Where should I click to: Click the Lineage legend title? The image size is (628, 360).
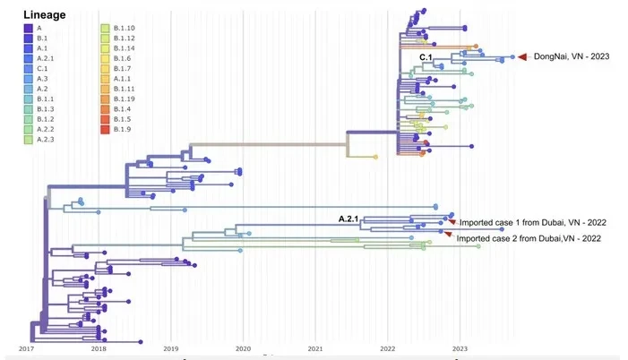coord(45,15)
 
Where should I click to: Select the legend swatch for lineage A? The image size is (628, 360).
coord(28,28)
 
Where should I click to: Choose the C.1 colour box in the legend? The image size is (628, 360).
coord(28,68)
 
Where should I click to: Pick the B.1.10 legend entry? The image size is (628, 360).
coord(125,28)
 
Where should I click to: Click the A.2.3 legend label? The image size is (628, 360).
coord(46,140)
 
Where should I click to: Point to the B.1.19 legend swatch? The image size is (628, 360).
coord(105,99)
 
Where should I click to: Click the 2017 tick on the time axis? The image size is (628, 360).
coord(27,348)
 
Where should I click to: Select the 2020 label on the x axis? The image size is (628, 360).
coord(243,348)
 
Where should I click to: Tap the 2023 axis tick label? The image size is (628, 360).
coord(460,348)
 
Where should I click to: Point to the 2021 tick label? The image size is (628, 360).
coord(315,348)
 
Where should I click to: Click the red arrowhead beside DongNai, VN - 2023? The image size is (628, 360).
coord(522,57)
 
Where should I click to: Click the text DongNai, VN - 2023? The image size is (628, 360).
coord(572,56)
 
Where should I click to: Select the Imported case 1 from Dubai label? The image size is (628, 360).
coord(533,223)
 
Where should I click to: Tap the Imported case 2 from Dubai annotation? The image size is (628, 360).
coord(529,239)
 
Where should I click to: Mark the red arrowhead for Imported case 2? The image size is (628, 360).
coord(448,235)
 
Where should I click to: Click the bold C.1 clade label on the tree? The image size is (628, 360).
coord(426,57)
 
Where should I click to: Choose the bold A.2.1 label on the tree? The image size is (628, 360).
coord(348,219)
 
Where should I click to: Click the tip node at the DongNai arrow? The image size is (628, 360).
coord(512,57)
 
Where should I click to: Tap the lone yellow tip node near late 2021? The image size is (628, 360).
coord(375,157)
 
